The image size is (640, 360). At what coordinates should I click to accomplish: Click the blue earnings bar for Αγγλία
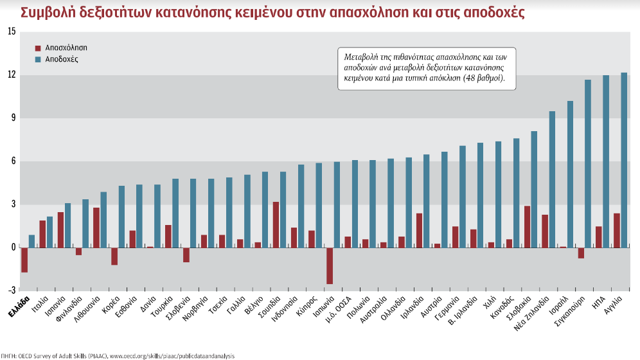[x=624, y=160]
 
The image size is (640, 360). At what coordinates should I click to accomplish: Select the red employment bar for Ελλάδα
[x=24, y=260]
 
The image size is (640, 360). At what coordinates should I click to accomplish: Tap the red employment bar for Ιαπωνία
[x=330, y=265]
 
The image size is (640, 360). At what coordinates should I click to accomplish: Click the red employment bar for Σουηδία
[x=276, y=224]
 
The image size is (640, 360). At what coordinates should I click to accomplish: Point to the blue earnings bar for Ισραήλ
[x=570, y=174]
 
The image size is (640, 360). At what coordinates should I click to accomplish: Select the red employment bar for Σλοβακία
[x=527, y=226]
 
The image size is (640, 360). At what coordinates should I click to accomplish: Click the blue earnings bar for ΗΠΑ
[x=606, y=161]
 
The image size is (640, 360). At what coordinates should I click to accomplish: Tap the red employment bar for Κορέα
[x=114, y=256]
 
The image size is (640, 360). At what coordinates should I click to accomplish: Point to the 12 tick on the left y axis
[x=11, y=75]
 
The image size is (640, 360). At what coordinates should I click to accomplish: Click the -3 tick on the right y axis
[x=632, y=291]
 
